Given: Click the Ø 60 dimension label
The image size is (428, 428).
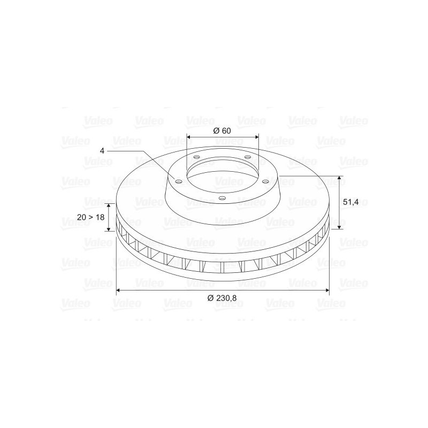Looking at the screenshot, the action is (222, 131).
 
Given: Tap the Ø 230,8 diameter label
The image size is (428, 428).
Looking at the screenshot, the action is (222, 298).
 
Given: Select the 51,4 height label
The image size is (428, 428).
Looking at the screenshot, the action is (350, 202).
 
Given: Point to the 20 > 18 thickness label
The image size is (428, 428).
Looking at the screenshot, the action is (90, 217).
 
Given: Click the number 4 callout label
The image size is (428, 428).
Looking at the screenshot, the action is (102, 151).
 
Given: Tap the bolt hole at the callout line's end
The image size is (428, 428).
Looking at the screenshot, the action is (179, 182).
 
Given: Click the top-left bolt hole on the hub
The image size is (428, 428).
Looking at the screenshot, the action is (196, 157).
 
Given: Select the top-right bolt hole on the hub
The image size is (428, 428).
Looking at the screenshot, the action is (247, 157).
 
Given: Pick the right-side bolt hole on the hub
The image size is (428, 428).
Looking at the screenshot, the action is (265, 181).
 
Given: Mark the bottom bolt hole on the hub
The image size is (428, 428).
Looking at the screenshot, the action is (223, 198).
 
